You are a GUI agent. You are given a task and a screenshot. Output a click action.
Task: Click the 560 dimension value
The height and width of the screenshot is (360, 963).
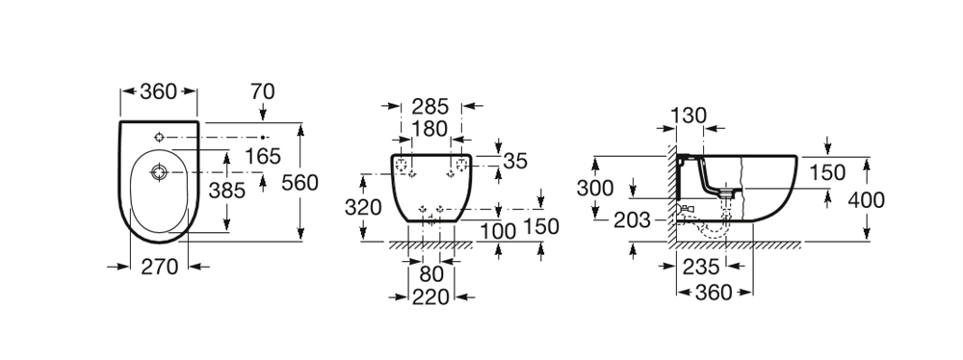point(299,183)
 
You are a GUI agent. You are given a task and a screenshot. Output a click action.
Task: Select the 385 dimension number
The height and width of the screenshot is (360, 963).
point(226,191)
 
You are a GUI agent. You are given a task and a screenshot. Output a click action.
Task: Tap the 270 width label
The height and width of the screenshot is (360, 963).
point(160,267)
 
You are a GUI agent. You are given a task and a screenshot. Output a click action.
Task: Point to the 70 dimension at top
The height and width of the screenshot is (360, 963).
point(262,91)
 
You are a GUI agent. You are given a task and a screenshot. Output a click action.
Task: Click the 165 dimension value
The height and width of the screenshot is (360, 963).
point(263,157)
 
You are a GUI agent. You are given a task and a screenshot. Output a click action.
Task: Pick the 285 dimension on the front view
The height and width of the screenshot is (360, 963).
point(429,106)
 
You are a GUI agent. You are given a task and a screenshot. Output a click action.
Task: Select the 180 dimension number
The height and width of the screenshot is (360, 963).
point(429,129)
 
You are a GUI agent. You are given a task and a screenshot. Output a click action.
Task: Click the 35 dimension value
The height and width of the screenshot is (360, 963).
point(515,161)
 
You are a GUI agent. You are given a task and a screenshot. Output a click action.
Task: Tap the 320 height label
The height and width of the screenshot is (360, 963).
point(363,208)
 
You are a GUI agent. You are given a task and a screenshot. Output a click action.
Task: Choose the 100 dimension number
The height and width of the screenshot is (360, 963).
point(498,232)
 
